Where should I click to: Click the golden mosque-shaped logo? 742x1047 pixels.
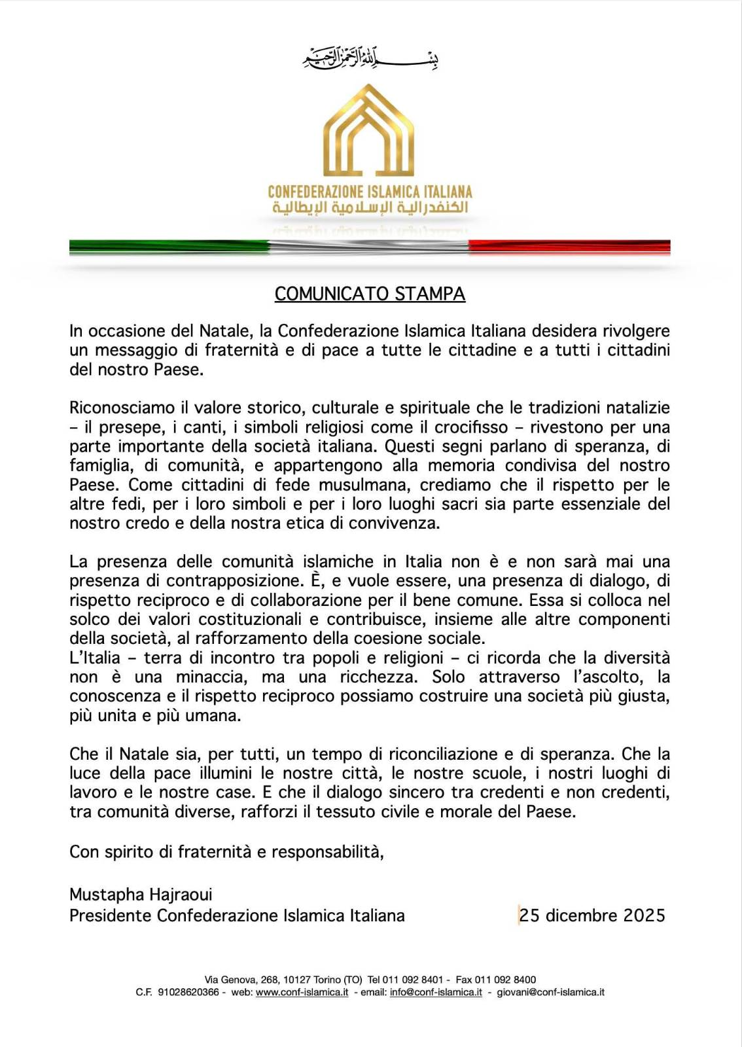coord(369,131)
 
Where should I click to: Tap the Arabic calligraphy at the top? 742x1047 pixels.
coord(370,59)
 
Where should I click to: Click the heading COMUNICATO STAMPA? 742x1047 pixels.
coord(370,294)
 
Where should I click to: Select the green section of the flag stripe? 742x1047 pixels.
coord(169,247)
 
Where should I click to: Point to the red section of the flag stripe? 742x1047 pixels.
coord(569,247)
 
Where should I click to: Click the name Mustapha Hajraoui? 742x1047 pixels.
coord(141,895)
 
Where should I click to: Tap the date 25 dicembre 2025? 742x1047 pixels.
coord(592,915)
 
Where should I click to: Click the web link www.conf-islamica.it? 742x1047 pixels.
coord(302,992)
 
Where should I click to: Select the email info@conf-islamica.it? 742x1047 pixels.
coord(436,992)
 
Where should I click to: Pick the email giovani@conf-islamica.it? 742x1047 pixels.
coord(550,992)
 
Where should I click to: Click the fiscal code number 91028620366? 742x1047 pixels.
coord(188,992)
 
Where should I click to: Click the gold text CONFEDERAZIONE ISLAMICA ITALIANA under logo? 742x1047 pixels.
coord(370,192)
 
